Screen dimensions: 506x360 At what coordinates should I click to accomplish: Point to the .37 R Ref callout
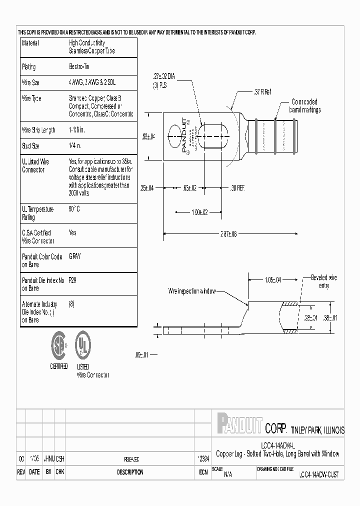tap(262, 92)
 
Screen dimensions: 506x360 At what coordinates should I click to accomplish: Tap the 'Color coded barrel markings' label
tap(305, 105)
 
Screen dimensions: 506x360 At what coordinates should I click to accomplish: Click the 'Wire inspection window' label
tap(191, 291)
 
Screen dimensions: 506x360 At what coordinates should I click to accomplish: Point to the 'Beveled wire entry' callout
tap(323, 281)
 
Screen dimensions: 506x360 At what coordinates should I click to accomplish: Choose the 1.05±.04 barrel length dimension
tap(272, 279)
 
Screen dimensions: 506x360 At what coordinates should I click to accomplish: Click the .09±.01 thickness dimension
tap(142, 354)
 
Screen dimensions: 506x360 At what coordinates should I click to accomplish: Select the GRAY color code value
tap(74, 256)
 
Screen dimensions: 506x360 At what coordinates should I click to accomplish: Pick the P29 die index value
tap(73, 280)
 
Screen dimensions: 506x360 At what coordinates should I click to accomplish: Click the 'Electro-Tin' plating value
tap(79, 67)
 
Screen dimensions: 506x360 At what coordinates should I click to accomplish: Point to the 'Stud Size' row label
tap(30, 146)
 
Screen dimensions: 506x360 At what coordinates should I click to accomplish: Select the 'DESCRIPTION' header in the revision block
tap(130, 472)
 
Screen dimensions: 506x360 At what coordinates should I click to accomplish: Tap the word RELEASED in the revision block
tap(131, 459)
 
